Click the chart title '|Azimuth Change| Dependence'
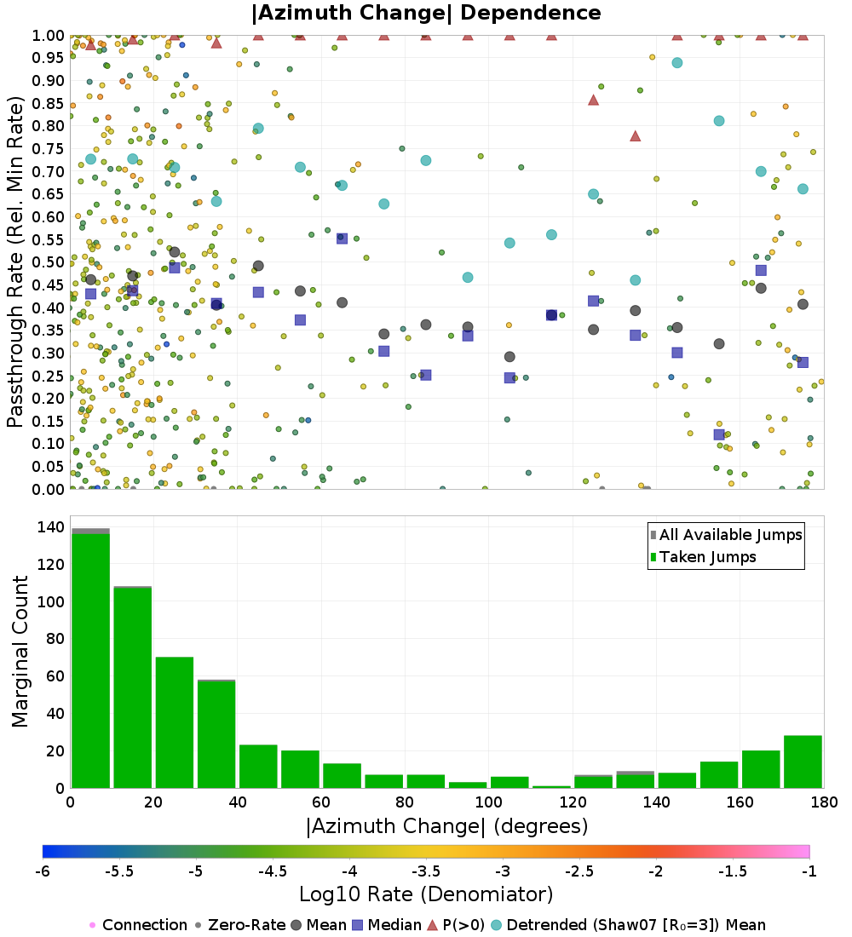pos(426,14)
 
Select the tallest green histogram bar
pos(90,660)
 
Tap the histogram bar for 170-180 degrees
pos(803,762)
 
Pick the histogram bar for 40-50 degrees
pos(258,767)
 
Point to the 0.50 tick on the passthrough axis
pos(51,262)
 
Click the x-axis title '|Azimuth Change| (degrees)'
pos(446,825)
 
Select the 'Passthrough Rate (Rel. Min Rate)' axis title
pos(15,262)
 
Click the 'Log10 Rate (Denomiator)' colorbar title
pos(426,894)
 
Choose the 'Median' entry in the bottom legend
pos(388,925)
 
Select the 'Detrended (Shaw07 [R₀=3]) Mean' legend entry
pos(635,925)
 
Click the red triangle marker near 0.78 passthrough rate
pos(635,135)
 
